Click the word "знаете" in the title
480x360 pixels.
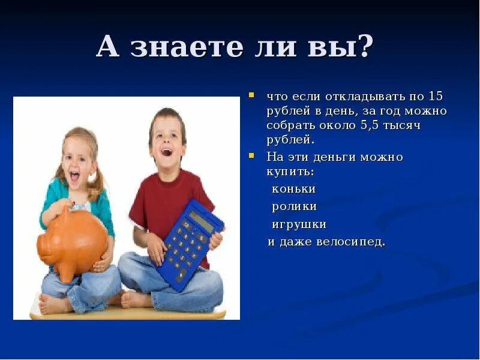tap(194, 47)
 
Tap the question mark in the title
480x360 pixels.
tap(364, 46)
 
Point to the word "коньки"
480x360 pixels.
tap(293, 189)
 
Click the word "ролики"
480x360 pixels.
tap(294, 206)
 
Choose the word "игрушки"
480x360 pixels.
tap(299, 224)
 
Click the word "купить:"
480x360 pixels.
tap(290, 171)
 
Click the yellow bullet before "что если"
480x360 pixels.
tap(253, 95)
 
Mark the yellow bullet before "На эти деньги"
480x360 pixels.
tap(253, 156)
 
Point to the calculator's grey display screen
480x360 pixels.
tap(202, 221)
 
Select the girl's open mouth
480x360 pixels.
tap(75, 177)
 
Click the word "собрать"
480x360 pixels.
tap(292, 125)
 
